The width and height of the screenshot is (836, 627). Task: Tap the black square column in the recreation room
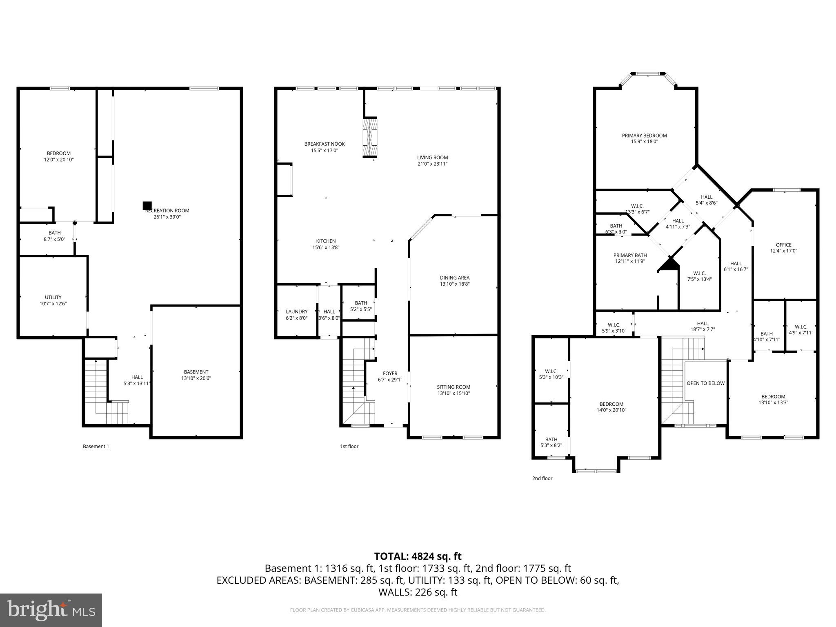coord(147,206)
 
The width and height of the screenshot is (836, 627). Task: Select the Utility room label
coord(53,297)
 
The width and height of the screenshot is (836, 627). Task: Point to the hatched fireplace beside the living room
coord(370,138)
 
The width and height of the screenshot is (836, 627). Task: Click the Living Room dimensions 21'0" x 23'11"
coord(432,164)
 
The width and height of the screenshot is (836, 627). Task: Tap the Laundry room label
coord(296,311)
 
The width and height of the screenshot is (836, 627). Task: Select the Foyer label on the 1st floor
coord(390,373)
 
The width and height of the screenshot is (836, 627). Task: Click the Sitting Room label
coord(454,387)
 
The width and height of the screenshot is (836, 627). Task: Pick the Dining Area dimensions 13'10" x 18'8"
coord(454,284)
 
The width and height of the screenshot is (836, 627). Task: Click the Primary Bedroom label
coord(644,136)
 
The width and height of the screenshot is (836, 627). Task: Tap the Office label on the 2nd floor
coord(783,245)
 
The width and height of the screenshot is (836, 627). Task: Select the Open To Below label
coord(705,383)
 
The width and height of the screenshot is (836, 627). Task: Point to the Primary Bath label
coord(630,255)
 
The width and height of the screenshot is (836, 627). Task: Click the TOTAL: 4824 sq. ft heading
coord(418,556)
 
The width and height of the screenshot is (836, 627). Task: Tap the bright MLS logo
coord(51,610)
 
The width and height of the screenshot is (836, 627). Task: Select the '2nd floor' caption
coord(542,478)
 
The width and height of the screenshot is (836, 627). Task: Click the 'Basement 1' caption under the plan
coord(96,446)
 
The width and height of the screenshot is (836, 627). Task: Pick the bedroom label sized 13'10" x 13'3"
coord(773,396)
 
